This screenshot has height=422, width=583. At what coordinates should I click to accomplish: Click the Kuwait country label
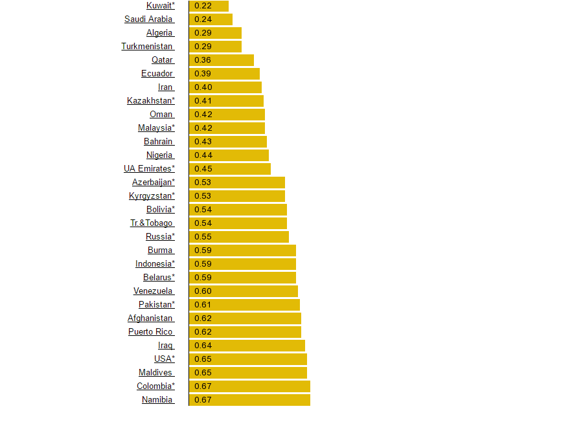tap(160, 6)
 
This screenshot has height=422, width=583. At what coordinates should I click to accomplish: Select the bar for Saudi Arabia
tap(211, 19)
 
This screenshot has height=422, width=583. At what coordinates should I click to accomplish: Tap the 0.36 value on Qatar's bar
tap(203, 60)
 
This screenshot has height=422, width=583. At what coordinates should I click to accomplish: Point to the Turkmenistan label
tap(147, 47)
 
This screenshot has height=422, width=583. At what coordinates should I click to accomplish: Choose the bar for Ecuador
tap(224, 74)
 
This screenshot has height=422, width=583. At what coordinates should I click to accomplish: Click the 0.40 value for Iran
tap(203, 87)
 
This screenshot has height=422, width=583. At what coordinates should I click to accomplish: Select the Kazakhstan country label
tap(151, 101)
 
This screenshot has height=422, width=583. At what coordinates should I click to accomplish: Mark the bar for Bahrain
tap(227, 142)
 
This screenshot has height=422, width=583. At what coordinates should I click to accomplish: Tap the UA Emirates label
tap(149, 169)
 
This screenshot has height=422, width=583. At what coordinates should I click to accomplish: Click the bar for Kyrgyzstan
tap(236, 196)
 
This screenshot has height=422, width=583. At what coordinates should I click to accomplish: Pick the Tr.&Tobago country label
tap(152, 223)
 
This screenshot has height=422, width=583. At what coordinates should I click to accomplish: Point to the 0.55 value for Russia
tap(203, 237)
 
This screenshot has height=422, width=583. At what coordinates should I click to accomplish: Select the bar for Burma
tap(242, 250)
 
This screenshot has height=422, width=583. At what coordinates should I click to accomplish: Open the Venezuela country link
tap(154, 291)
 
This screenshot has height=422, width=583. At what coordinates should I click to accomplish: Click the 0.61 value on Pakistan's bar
tap(203, 305)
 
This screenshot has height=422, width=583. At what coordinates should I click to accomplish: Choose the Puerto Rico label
tap(151, 332)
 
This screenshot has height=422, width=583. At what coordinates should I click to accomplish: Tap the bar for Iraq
tap(247, 346)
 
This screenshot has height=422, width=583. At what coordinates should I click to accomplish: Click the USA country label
tap(164, 359)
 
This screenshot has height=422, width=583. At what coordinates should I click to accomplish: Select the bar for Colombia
tap(249, 386)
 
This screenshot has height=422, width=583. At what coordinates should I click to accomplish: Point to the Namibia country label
tap(157, 400)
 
